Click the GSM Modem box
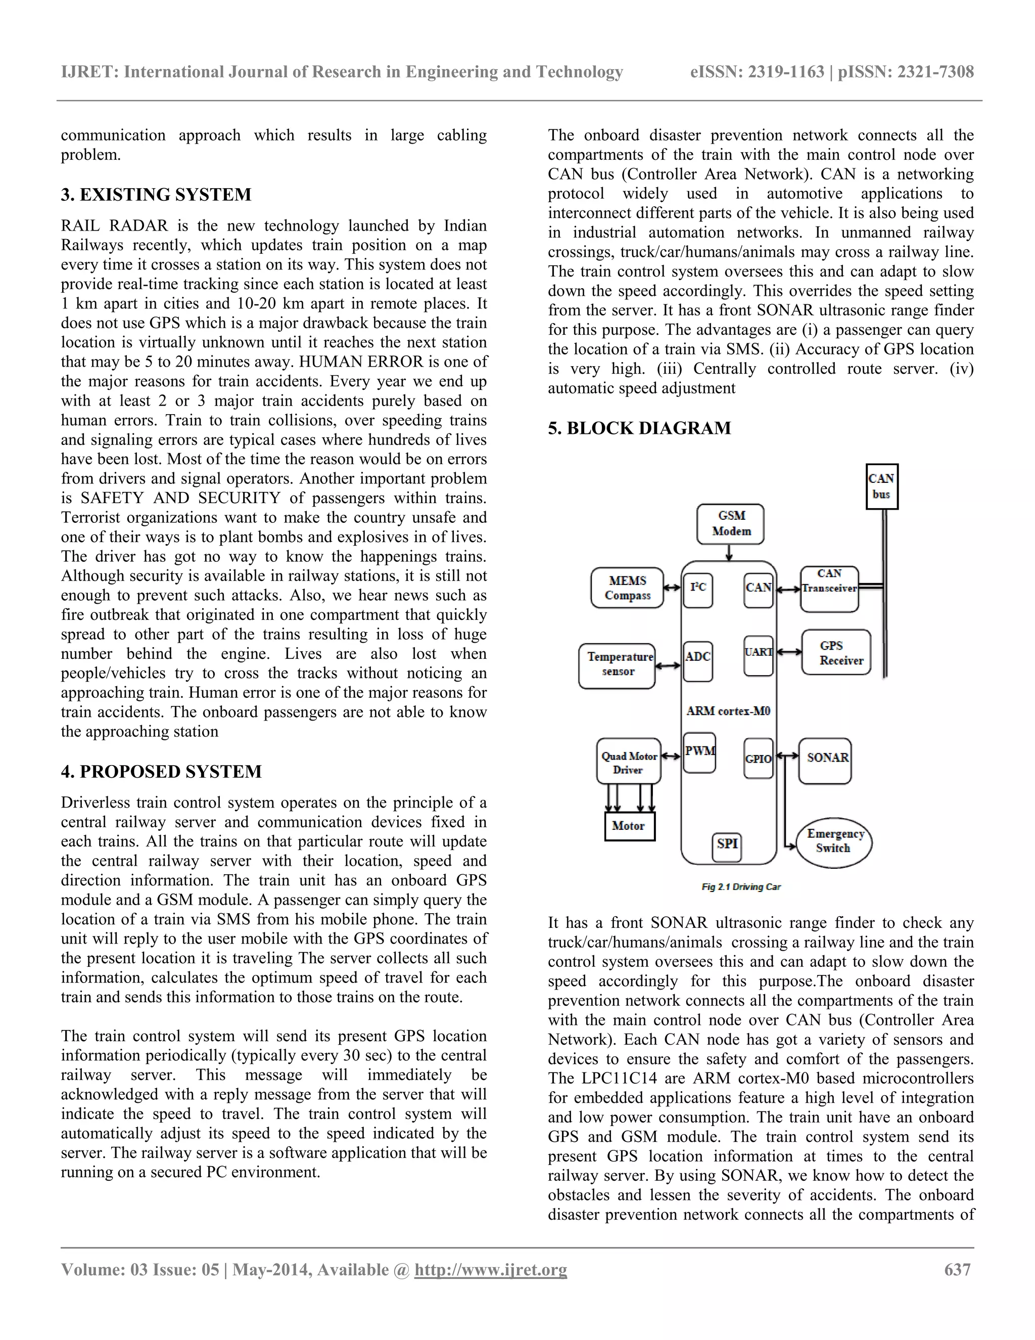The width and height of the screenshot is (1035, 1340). pos(730,524)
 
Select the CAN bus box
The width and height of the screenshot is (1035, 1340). pos(882,486)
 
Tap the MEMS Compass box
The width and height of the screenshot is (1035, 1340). pos(627,588)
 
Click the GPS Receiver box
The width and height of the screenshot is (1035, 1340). pos(836,652)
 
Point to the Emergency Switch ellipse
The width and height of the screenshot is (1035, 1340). pos(834,842)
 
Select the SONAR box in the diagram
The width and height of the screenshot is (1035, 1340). pos(825,760)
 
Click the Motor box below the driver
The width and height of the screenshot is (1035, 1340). pos(629,826)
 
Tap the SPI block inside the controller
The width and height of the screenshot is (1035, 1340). pos(727,845)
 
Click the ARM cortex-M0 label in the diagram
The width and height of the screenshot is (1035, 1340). pos(728,711)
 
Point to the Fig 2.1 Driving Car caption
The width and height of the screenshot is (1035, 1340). pos(741,886)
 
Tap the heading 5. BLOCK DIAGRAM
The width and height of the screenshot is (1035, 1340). pos(639,428)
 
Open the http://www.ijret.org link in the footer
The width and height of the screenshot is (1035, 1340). pos(491,1269)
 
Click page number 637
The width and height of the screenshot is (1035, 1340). pos(957,1269)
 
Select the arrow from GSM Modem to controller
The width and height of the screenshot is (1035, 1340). pos(729,552)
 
